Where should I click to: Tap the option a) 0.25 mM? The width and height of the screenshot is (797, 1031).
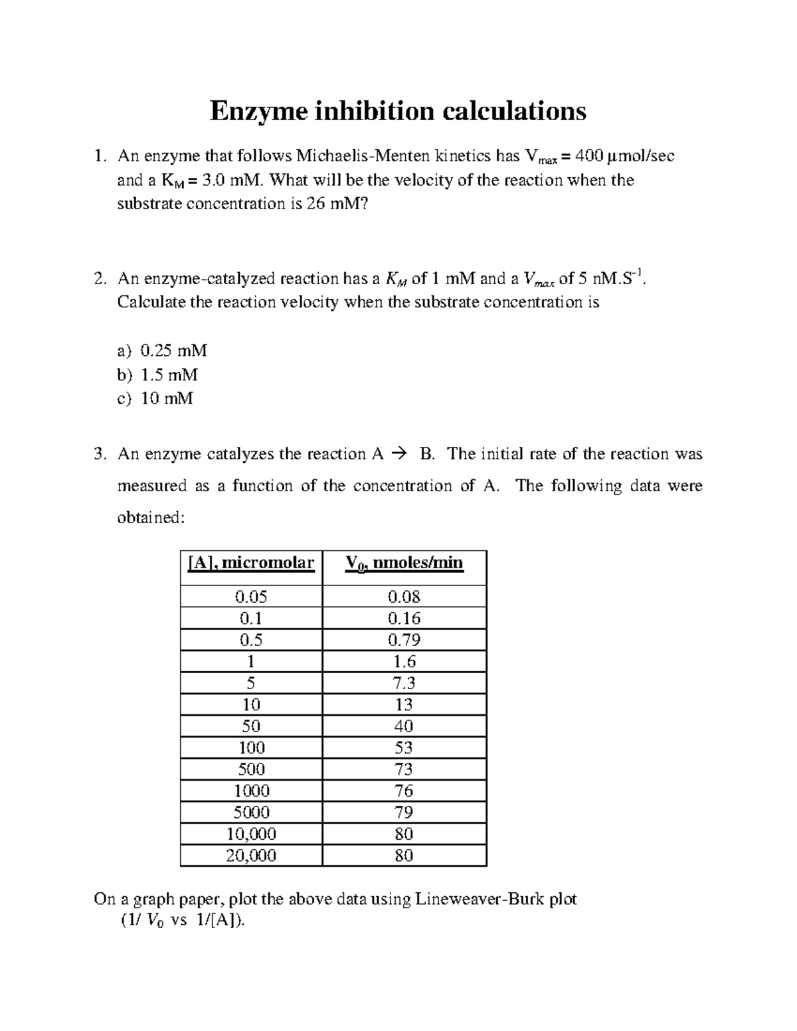(162, 351)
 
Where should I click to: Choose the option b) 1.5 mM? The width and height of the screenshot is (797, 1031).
(157, 374)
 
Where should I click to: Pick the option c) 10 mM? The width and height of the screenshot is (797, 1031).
(155, 398)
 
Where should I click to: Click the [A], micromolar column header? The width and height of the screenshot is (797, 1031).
(251, 564)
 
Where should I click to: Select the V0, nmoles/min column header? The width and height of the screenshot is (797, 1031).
(404, 564)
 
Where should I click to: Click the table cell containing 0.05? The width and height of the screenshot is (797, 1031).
(251, 597)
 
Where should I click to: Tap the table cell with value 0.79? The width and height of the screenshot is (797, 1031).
(404, 640)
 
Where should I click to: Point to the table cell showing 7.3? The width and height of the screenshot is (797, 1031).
(404, 683)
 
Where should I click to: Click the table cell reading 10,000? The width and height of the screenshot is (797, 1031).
(251, 834)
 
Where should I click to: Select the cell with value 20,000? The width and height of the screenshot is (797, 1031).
(251, 856)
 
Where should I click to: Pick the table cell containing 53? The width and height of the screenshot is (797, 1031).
(404, 748)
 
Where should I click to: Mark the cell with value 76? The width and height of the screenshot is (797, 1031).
(404, 791)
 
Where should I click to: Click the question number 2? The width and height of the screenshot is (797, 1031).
(100, 279)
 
